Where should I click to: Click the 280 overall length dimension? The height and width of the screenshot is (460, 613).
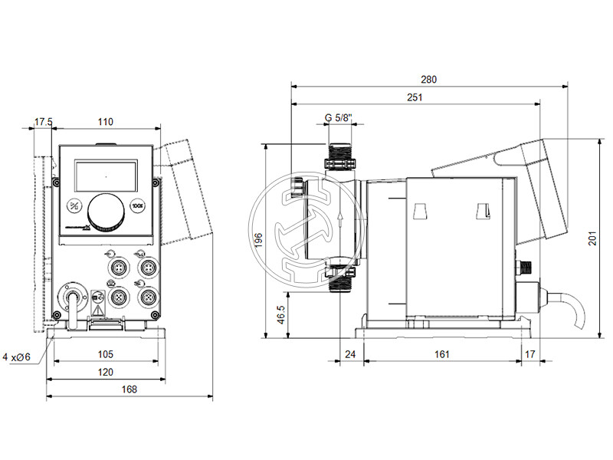(x=429, y=79)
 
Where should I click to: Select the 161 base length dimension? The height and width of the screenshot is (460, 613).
(x=442, y=354)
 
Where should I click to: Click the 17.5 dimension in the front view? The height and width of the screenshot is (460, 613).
(x=44, y=121)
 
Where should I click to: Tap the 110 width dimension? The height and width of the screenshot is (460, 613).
(x=106, y=121)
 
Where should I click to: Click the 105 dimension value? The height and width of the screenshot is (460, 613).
(x=106, y=354)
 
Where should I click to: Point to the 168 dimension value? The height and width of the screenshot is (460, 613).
(x=129, y=389)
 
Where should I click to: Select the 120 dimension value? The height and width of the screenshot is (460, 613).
(x=106, y=372)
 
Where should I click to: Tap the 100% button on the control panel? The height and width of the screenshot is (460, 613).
(x=138, y=205)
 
